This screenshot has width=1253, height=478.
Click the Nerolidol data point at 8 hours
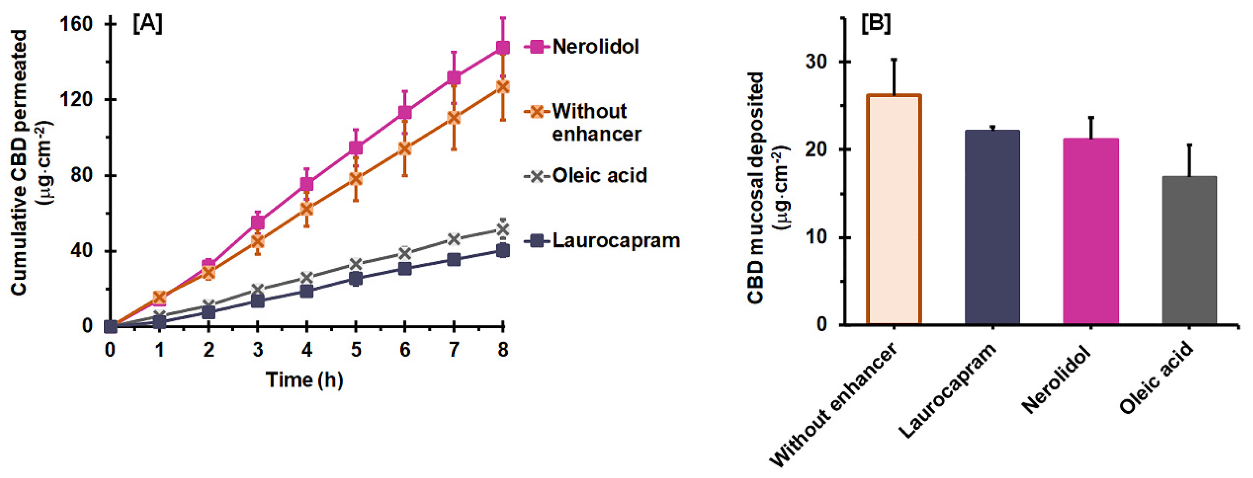click(503, 47)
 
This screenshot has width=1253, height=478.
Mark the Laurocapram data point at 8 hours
click(503, 250)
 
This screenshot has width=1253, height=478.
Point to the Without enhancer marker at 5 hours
click(356, 178)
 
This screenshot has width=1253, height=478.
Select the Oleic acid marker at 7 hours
click(453, 239)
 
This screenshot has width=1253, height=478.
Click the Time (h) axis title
click(305, 379)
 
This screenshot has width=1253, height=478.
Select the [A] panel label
click(148, 23)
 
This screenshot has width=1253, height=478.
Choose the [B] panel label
click(876, 23)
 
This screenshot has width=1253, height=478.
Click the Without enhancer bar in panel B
click(894, 209)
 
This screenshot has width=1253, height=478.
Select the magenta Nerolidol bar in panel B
click(1091, 231)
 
